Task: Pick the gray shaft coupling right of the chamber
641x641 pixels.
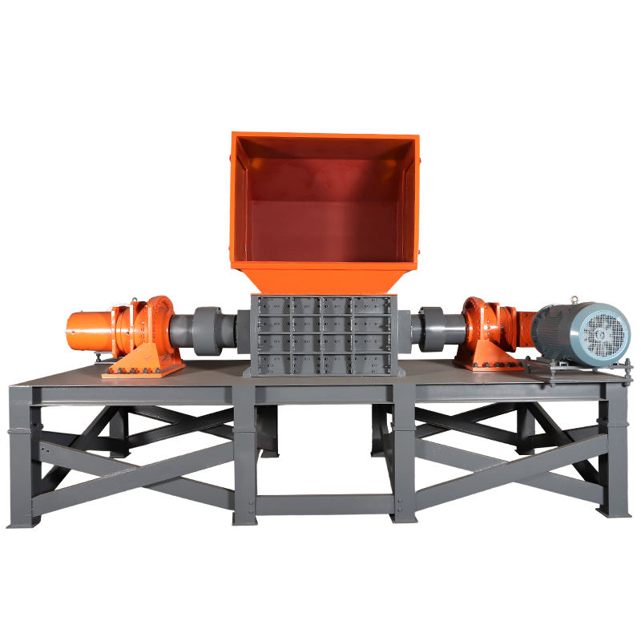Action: pos(437,328)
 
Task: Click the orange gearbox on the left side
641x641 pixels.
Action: pos(148,329)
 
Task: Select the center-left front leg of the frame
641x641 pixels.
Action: pos(244,457)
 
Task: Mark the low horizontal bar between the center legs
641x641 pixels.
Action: pos(325,504)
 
